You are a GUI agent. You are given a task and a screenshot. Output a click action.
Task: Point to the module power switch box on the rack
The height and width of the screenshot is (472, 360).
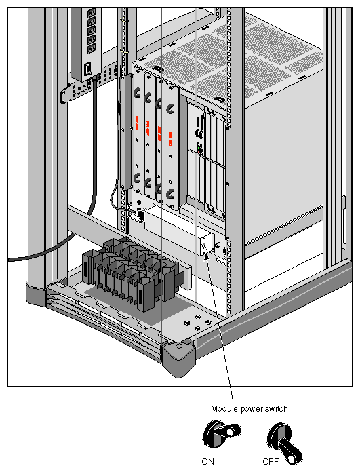point(206,245)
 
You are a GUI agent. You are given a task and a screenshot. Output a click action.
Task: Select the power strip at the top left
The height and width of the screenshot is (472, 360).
point(87,41)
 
